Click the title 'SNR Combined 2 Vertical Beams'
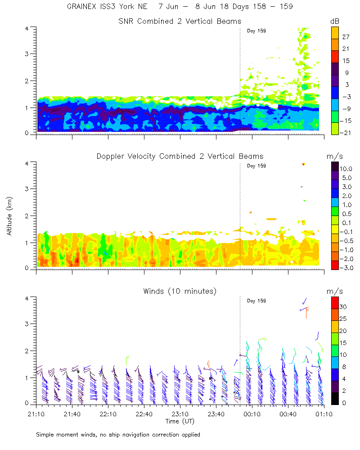click(x=180, y=22)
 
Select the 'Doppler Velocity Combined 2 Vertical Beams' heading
click(x=180, y=157)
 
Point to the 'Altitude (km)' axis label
click(x=9, y=216)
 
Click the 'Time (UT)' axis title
click(x=179, y=422)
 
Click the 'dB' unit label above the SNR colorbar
click(x=335, y=22)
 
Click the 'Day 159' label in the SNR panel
click(x=256, y=31)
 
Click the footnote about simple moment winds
click(x=118, y=435)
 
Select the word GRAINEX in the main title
click(x=80, y=7)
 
